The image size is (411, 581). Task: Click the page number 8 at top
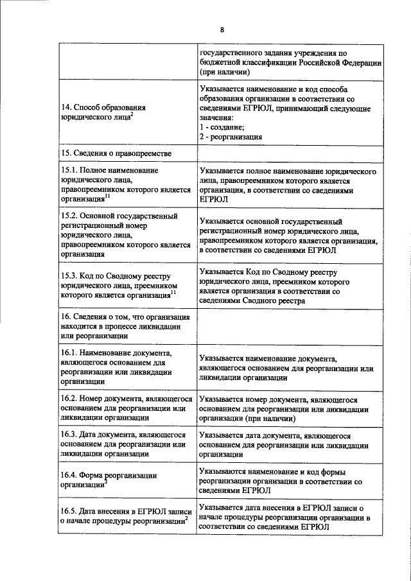[x=222, y=30]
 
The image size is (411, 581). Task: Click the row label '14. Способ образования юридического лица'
[x=106, y=113]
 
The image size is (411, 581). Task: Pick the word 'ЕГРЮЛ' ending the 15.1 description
[x=214, y=200]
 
